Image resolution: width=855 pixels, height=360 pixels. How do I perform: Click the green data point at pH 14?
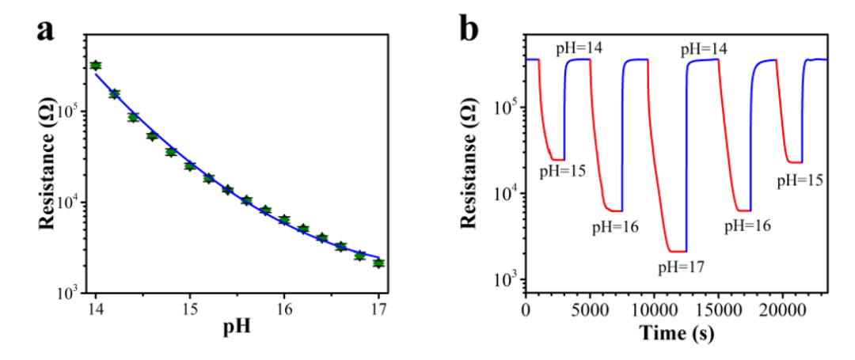(x=96, y=66)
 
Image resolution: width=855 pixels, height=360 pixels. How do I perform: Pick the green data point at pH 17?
(x=378, y=263)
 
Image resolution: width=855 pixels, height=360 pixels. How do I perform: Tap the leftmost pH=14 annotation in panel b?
(x=579, y=49)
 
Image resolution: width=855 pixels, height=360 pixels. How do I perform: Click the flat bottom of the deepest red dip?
(x=677, y=251)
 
